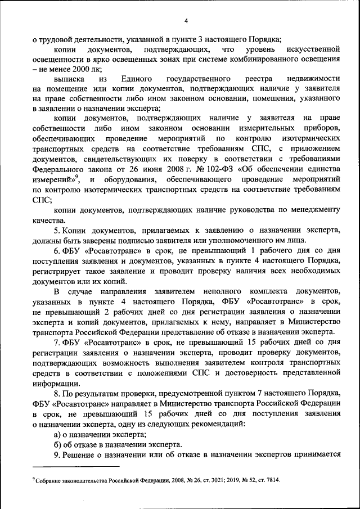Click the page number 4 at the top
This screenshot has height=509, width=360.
(185, 22)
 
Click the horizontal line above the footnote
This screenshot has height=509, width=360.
(76, 466)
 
